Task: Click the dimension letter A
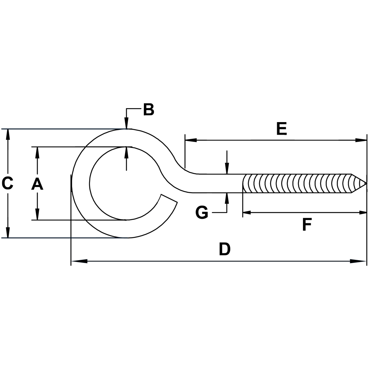coord(37,183)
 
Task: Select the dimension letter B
coord(148,110)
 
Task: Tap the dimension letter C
coord(8,183)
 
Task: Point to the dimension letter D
coord(224,249)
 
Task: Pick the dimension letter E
coord(282,129)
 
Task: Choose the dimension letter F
coord(307,225)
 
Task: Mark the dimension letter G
coord(202,213)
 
